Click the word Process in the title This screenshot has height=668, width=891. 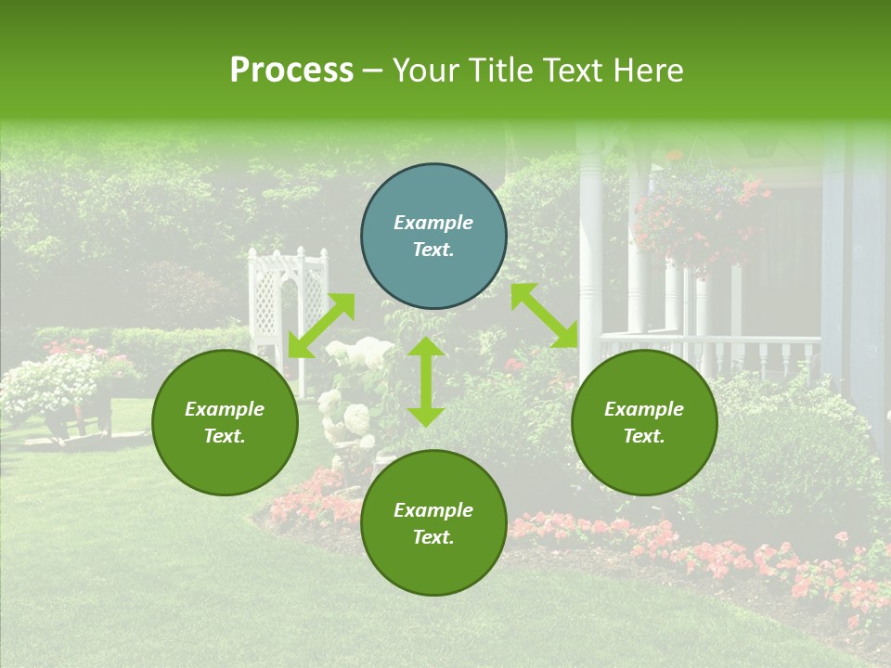(x=291, y=71)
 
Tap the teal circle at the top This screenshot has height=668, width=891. (x=433, y=237)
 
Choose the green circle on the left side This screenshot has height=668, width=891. (x=225, y=423)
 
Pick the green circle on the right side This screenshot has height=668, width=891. (x=644, y=423)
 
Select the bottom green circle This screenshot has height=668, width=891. (x=433, y=523)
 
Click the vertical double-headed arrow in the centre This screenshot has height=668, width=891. (x=426, y=381)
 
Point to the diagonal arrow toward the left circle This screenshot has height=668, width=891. (x=321, y=326)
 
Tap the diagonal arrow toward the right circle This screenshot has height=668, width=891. (x=545, y=315)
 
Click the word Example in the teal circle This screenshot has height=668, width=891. (x=433, y=223)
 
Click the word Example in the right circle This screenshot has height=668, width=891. (x=644, y=409)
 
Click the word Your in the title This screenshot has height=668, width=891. (x=426, y=71)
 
